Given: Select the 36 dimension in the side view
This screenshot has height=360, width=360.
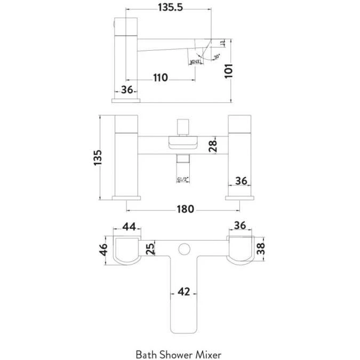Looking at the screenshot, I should (x=126, y=90).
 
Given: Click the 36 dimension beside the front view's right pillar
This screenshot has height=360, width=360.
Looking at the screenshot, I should (x=241, y=181).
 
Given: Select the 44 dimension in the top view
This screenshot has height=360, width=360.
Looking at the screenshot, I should (x=130, y=226).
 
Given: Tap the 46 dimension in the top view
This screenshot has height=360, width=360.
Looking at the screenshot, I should (x=105, y=249).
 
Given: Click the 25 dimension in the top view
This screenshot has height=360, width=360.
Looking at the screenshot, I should (x=150, y=249).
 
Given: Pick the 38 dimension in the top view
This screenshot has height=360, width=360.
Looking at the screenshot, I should (x=261, y=249).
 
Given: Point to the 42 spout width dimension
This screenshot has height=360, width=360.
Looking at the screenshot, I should (x=183, y=292).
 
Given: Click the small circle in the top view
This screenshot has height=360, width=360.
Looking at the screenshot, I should (x=185, y=249).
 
